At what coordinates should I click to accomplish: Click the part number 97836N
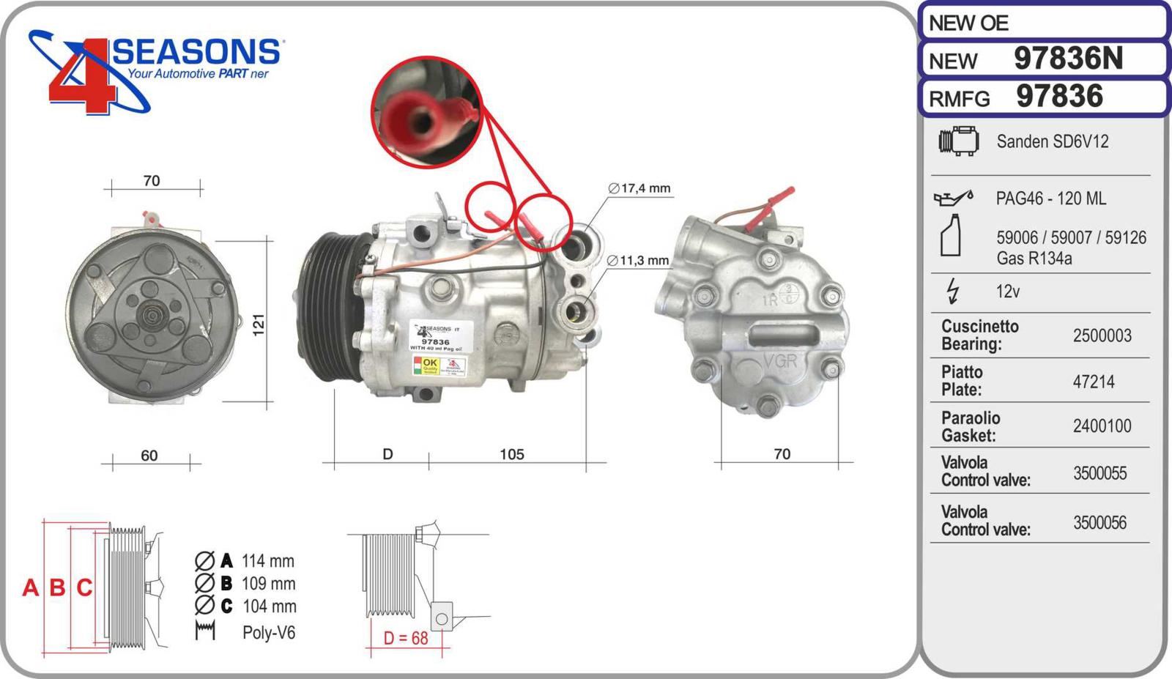(x=1067, y=59)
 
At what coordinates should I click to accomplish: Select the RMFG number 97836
(x=1059, y=97)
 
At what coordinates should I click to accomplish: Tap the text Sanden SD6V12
(x=1052, y=141)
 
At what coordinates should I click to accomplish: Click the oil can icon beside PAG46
(x=952, y=198)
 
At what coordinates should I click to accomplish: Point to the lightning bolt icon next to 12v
(x=952, y=291)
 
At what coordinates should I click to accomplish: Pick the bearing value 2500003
(x=1102, y=335)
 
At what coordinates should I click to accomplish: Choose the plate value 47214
(x=1093, y=382)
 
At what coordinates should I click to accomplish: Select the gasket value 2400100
(x=1102, y=426)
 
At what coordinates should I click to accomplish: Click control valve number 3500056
(x=1099, y=523)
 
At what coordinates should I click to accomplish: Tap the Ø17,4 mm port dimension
(x=639, y=188)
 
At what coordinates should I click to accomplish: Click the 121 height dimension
(x=259, y=324)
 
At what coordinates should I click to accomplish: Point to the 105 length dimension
(x=511, y=454)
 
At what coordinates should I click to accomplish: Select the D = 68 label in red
(x=406, y=638)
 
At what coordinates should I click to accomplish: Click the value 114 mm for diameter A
(x=267, y=561)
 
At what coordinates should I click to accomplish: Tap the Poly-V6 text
(x=268, y=633)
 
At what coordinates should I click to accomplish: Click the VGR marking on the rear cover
(x=779, y=361)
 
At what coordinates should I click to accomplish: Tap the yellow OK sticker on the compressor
(x=429, y=364)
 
